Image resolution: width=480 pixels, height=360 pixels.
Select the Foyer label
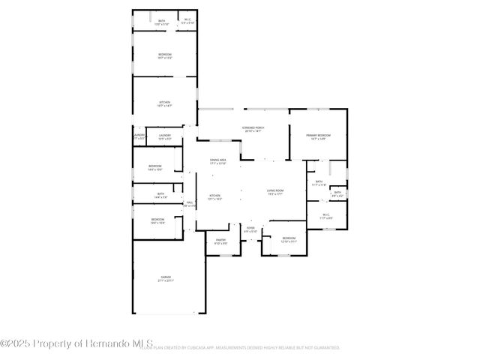(250, 229)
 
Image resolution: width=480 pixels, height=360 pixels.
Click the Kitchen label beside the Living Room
(215, 196)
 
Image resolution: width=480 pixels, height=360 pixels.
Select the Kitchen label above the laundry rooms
(164, 103)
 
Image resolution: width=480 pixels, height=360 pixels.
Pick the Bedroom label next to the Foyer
(289, 240)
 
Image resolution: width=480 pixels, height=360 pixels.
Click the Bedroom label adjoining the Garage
(157, 220)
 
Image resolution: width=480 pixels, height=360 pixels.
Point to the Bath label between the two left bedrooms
(160, 196)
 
